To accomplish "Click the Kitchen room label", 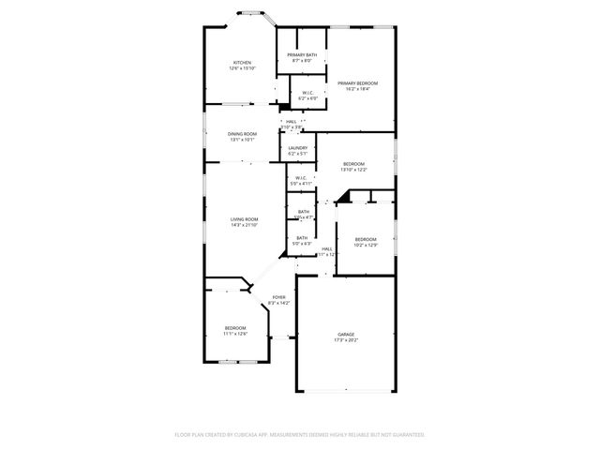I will (x=241, y=63).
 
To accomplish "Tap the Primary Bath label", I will (x=302, y=55).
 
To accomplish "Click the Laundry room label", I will (x=297, y=147).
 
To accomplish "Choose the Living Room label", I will (x=244, y=219).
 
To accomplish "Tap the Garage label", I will (x=347, y=334).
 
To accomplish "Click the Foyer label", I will (x=279, y=297).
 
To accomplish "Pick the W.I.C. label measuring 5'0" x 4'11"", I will (x=301, y=178).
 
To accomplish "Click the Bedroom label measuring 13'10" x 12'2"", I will (x=353, y=163).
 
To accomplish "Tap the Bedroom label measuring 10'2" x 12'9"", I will (x=366, y=239).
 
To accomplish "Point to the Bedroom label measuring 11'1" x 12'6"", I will (x=234, y=327).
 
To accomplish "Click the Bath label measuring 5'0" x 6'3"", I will (x=302, y=238).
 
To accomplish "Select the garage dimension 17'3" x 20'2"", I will (x=347, y=339).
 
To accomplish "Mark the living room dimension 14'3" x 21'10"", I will (x=244, y=225).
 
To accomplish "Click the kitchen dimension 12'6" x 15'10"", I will (x=241, y=68).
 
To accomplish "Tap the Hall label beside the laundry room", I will (x=292, y=121).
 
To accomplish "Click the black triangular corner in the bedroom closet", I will (x=342, y=197).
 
